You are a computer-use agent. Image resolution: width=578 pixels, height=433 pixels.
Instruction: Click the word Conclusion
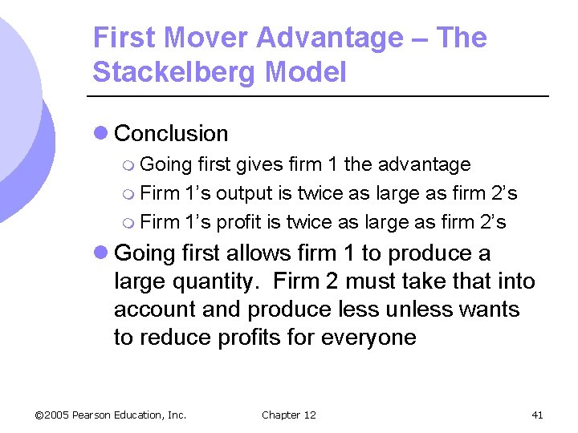click(x=172, y=134)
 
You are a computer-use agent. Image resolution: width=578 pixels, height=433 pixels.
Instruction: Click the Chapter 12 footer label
click(x=289, y=415)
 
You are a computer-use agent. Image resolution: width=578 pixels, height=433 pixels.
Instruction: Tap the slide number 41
click(x=537, y=415)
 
